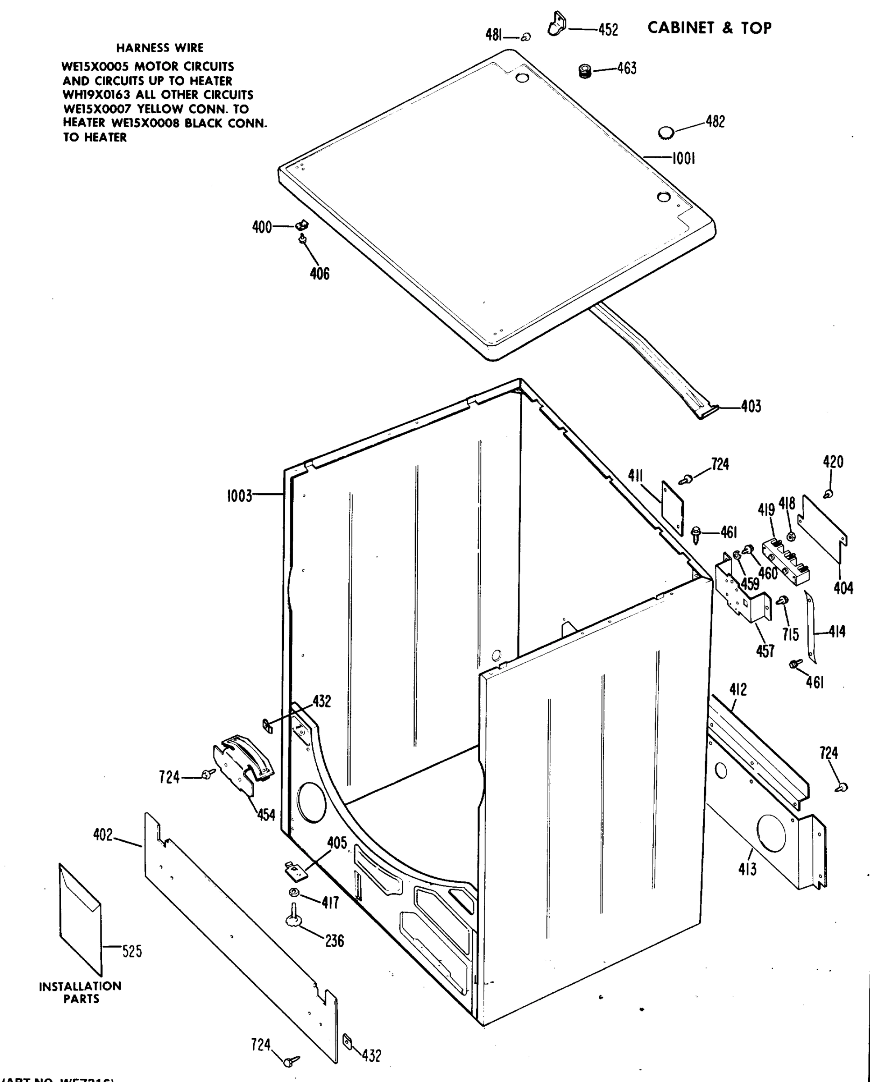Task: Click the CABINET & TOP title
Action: pos(709,28)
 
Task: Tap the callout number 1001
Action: pos(683,159)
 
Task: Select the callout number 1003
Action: pos(239,496)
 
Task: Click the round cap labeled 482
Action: pos(666,133)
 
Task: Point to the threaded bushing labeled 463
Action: pos(585,71)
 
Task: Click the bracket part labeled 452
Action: pos(556,24)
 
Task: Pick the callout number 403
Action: pos(751,407)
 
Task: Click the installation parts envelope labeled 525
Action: pos(80,919)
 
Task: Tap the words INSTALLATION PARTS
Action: pos(80,993)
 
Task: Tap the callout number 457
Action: pos(765,651)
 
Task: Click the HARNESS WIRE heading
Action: pos(160,48)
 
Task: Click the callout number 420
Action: pos(833,462)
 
